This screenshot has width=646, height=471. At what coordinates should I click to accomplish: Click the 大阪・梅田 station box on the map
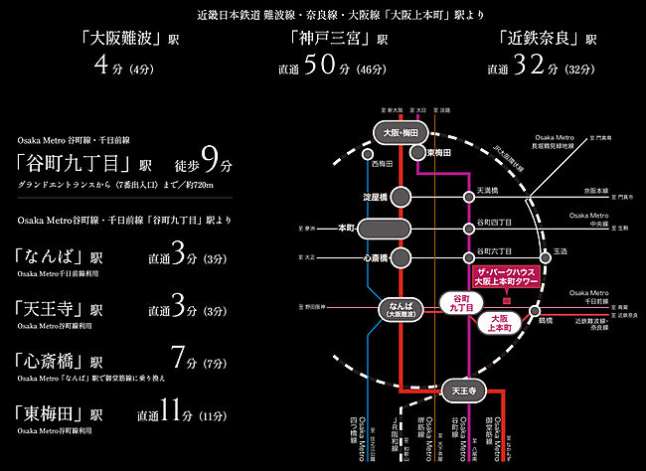[401, 131]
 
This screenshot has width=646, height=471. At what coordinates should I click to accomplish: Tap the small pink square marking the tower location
[507, 300]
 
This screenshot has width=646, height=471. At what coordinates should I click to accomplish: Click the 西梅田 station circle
[368, 155]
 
